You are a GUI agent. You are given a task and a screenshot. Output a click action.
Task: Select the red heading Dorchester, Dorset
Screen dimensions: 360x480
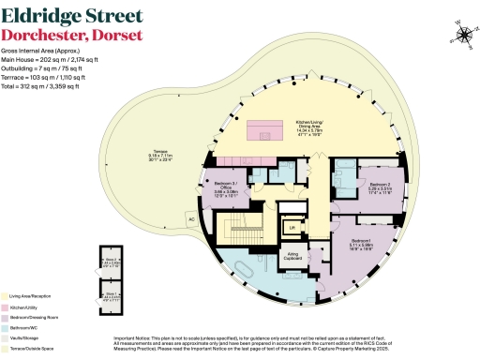(72, 35)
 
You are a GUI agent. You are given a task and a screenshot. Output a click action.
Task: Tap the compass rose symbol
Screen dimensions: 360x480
(463, 36)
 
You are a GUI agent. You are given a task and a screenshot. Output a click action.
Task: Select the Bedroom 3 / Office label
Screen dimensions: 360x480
(222, 189)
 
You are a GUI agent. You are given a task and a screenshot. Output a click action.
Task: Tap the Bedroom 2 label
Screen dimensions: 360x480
(379, 187)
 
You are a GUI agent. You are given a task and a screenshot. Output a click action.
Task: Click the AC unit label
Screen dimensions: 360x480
(191, 220)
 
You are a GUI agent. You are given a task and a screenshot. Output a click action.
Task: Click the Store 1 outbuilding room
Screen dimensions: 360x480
(111, 295)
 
